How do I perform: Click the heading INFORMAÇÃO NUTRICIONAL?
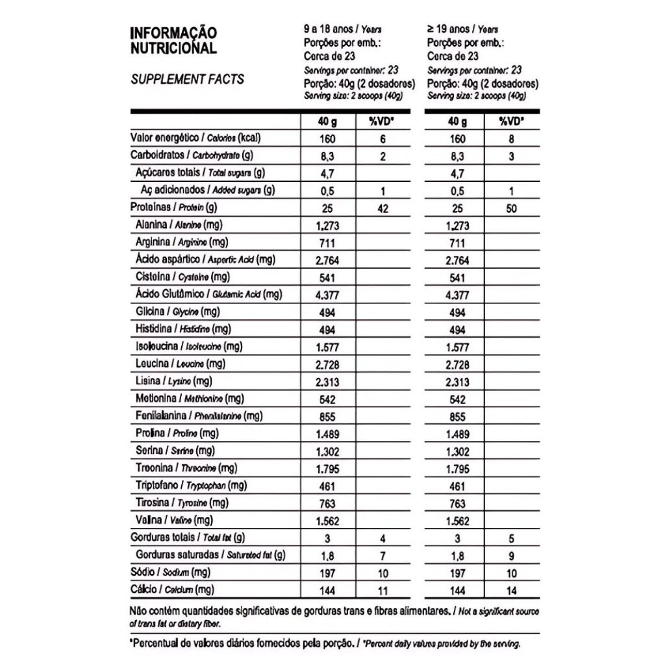[x=174, y=40]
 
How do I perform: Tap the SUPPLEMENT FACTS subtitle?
[x=188, y=79]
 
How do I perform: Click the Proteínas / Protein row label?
[x=173, y=208]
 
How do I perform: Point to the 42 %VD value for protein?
[x=383, y=208]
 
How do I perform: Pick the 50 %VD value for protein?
[x=512, y=208]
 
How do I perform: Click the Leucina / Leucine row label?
[x=181, y=364]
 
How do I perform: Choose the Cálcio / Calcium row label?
[x=172, y=590]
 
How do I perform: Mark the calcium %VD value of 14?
[x=512, y=590]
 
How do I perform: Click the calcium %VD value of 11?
[x=383, y=590]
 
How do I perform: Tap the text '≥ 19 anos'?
[x=448, y=30]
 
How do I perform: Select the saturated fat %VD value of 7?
[x=383, y=555]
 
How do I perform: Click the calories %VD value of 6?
[x=383, y=139]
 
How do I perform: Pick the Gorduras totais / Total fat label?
[x=187, y=538]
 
